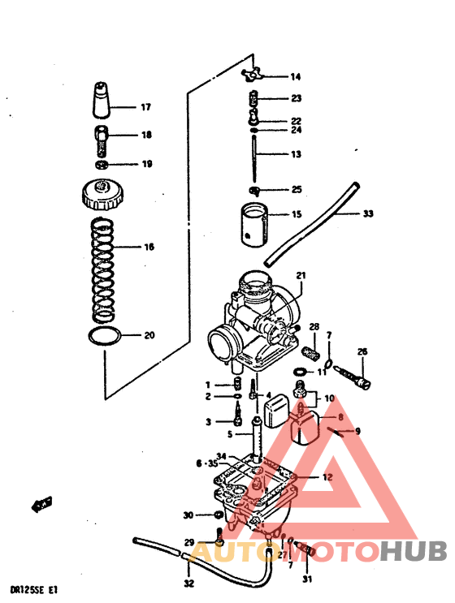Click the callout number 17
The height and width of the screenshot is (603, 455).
[x=146, y=107]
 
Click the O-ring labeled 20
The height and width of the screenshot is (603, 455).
[x=104, y=337]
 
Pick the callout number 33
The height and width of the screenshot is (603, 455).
[x=368, y=214]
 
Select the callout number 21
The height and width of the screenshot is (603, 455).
[x=301, y=275]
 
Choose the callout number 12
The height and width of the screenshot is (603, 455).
[x=327, y=478]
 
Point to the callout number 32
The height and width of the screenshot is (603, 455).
[x=188, y=584]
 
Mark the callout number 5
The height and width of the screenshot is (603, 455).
[x=230, y=435]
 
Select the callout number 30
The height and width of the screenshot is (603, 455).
[x=188, y=515]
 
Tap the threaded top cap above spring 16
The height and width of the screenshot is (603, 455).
[x=102, y=196]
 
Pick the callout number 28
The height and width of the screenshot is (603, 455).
[x=313, y=327]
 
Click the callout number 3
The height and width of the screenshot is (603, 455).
[x=208, y=422]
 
